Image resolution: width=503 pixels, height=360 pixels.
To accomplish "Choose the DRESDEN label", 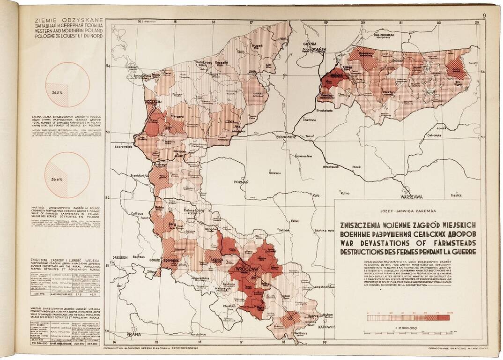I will coord(121,257).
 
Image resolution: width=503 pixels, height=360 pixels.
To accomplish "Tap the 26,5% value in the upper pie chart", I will coord(58,93).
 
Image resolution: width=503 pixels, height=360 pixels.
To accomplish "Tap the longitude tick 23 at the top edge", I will coord(476,22).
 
